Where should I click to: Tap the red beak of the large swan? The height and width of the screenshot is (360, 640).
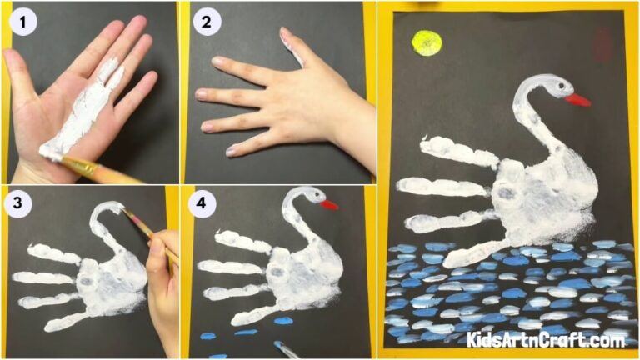point(577,100)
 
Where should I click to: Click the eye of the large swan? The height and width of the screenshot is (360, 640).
point(559,87)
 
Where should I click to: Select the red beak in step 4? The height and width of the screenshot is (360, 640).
point(330,204)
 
